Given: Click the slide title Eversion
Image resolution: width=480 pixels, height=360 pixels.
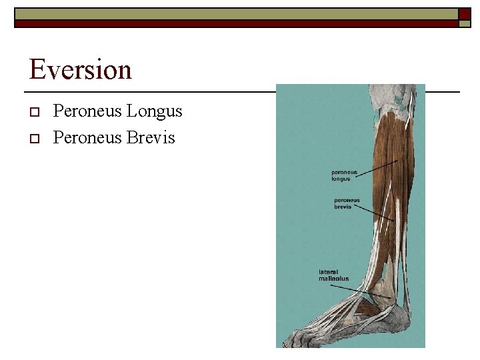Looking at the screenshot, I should click(x=81, y=69).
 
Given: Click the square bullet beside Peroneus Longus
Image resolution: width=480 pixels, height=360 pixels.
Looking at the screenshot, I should click(x=35, y=111).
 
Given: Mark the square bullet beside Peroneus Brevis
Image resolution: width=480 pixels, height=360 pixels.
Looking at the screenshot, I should click(x=35, y=138).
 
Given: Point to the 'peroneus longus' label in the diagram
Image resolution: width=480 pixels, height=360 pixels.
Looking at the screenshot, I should click(x=344, y=175).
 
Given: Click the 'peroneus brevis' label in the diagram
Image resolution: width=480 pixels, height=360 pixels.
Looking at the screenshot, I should click(x=347, y=203).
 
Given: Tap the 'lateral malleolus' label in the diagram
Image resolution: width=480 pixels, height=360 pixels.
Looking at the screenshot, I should click(x=333, y=275).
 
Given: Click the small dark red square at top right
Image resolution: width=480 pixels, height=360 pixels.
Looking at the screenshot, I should click(x=463, y=14).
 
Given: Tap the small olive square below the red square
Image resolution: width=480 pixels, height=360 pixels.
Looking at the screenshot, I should click(x=464, y=23).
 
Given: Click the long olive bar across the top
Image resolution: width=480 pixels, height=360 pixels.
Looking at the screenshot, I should click(x=233, y=13).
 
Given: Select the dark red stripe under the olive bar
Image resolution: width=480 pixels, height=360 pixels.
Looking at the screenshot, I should click(x=233, y=23).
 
